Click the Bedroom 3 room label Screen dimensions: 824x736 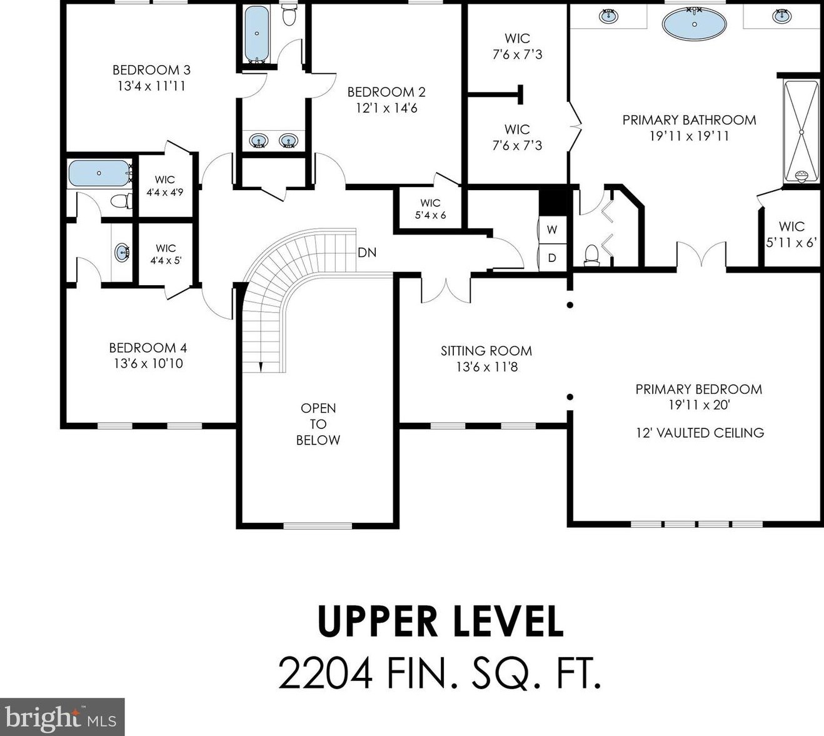tap(151, 70)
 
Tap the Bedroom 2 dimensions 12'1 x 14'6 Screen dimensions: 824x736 tap(387, 108)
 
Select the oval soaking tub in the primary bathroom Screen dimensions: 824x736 tap(694, 24)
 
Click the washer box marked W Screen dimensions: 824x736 tap(552, 230)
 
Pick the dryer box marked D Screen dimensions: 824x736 tap(552, 258)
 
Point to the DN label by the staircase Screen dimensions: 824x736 tap(367, 253)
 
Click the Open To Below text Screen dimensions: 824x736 tap(318, 424)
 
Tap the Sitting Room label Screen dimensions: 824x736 tap(486, 351)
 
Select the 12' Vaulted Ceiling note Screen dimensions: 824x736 tap(700, 433)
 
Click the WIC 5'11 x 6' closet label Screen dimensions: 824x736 tap(791, 234)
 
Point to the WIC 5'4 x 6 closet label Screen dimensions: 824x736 tap(430, 209)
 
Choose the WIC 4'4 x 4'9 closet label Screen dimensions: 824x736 tap(164, 186)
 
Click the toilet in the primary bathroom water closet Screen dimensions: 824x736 tap(592, 255)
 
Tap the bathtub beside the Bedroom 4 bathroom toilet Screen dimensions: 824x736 tap(99, 173)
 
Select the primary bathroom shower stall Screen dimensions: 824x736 tap(801, 131)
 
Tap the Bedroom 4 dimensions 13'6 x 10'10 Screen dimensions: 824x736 tap(148, 363)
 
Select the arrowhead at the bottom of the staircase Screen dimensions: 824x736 tap(261, 367)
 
